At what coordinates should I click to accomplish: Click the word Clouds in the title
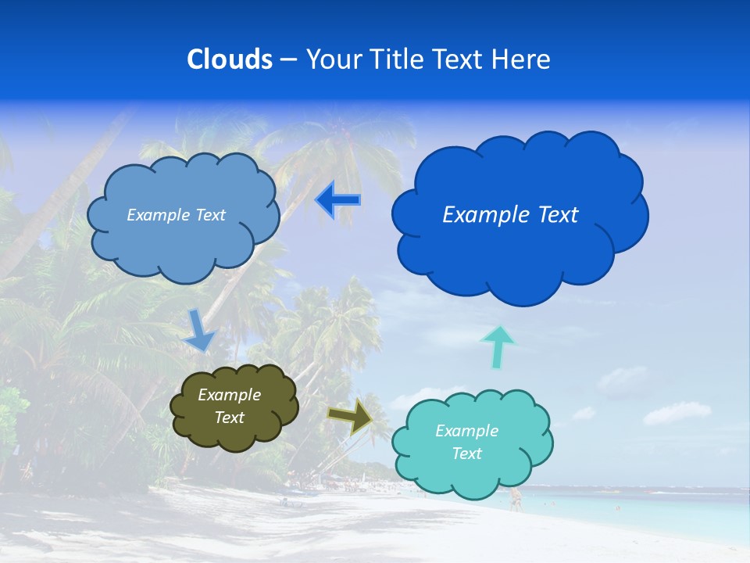[230, 59]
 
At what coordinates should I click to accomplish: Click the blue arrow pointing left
[337, 200]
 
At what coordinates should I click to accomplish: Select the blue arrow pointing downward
[200, 330]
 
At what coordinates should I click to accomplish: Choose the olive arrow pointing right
[352, 416]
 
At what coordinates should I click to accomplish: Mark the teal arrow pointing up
[498, 346]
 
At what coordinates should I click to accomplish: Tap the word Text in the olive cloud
[230, 418]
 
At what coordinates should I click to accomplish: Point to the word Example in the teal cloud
[466, 431]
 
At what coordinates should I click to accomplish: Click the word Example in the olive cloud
[230, 395]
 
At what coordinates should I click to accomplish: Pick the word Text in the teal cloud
[466, 454]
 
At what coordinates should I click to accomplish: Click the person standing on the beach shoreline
[516, 499]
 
